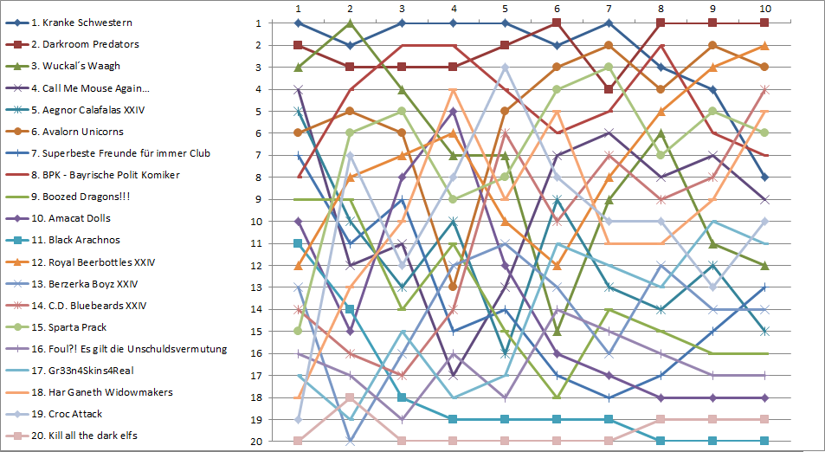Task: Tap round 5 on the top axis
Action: click(505, 9)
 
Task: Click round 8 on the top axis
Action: click(661, 9)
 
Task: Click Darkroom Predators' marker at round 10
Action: click(764, 23)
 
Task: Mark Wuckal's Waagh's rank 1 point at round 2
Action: click(349, 23)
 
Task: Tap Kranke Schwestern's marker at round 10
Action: click(764, 177)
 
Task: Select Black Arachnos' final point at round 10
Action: click(764, 441)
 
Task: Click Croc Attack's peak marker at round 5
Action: click(505, 67)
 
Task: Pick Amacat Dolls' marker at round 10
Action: click(764, 397)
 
